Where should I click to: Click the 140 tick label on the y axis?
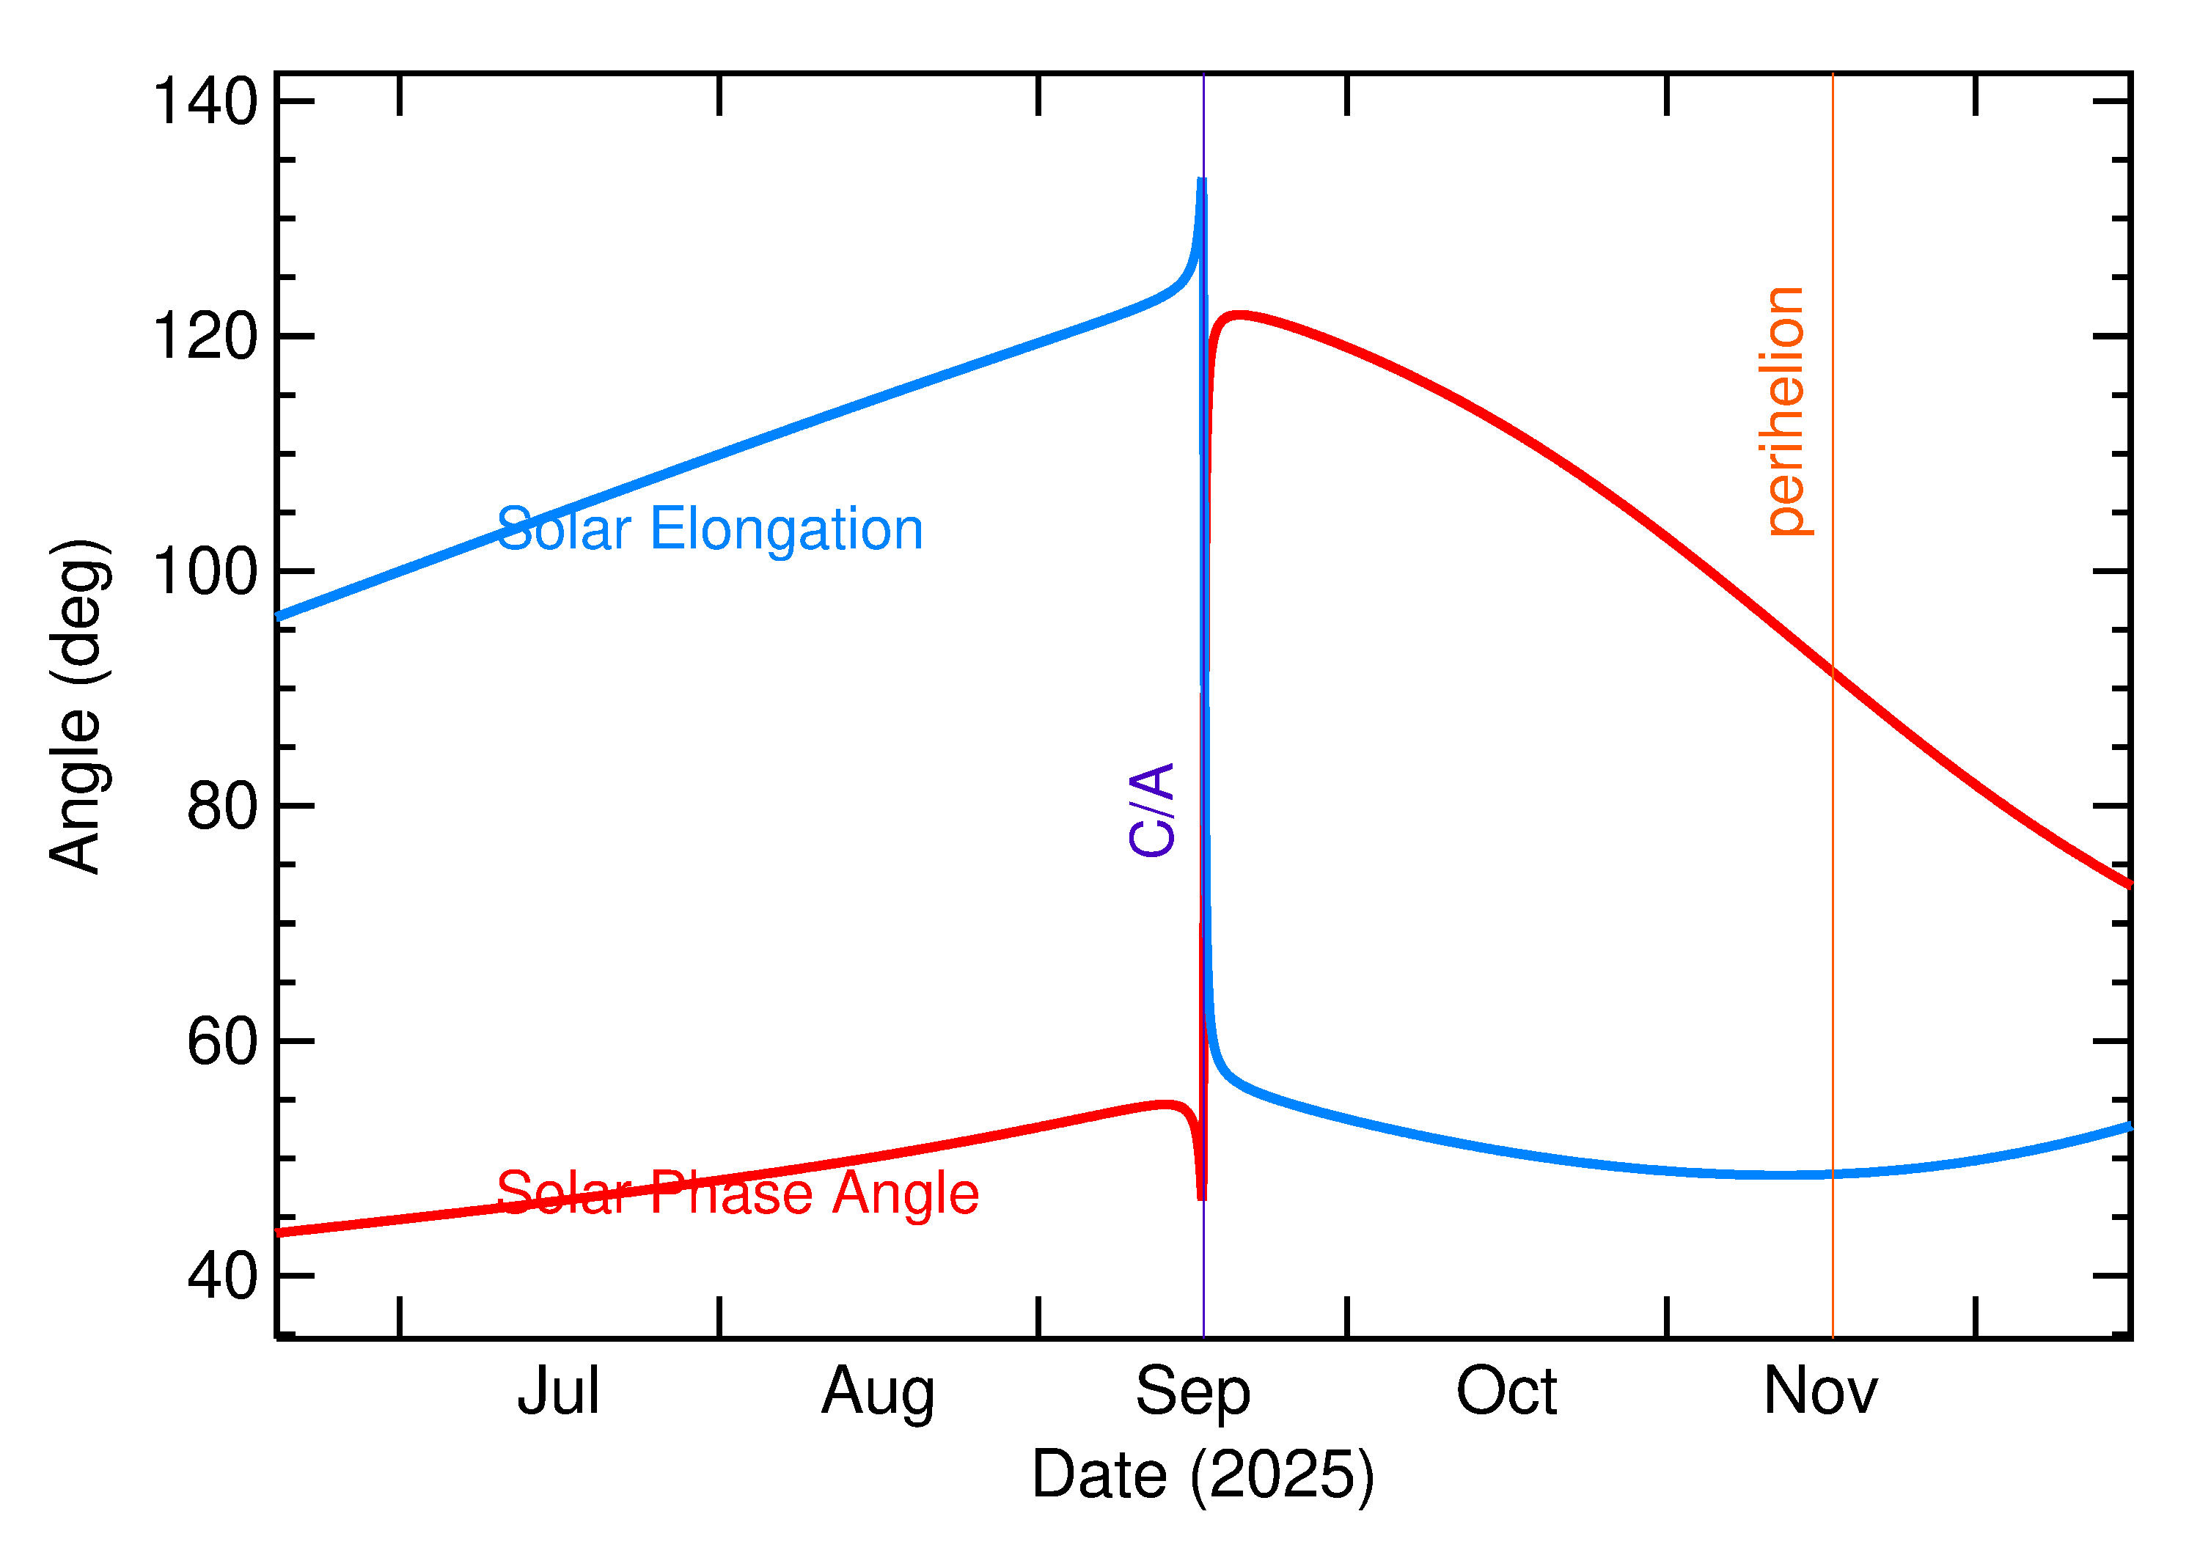coord(205,102)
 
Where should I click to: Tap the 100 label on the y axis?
coord(205,572)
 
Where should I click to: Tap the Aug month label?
coord(878,1393)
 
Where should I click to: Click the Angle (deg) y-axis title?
coord(78,706)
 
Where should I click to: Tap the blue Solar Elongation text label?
coord(710,529)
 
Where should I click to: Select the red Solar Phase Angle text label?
coord(737,1194)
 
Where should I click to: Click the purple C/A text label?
coord(1152,809)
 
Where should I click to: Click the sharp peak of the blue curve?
coord(1201,180)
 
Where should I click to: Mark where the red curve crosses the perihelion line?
coord(1833,671)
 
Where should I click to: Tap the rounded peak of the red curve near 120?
coord(1239,315)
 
